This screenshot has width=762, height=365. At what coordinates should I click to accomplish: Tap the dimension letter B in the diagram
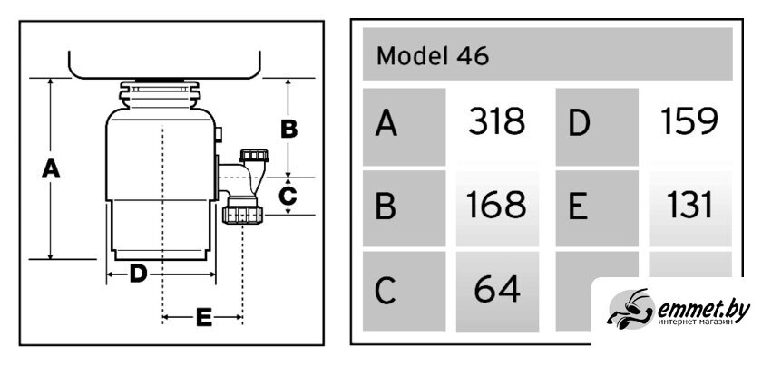288,130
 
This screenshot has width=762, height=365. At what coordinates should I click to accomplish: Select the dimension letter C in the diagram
288,194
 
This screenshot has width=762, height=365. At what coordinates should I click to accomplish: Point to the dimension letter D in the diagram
138,273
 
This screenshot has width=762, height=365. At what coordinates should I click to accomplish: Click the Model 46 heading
433,56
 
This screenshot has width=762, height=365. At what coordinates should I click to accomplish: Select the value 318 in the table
496,122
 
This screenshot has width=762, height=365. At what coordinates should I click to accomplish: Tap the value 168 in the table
496,206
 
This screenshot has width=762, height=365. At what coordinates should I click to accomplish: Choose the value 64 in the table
496,290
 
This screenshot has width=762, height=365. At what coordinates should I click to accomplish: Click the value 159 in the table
689,122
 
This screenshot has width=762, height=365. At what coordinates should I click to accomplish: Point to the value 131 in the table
689,206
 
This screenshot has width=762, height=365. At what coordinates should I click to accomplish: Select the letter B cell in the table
405,208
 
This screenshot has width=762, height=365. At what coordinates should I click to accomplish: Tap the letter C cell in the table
405,292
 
